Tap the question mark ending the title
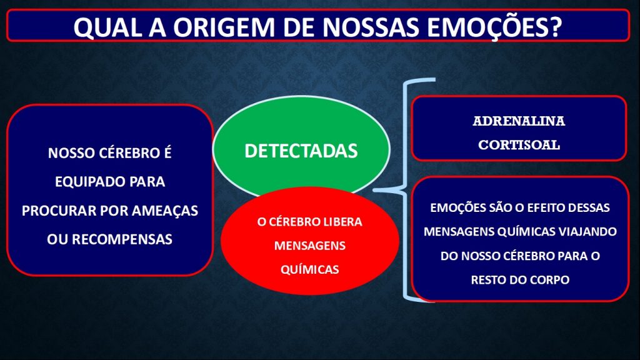(555, 27)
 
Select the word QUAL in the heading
(107, 27)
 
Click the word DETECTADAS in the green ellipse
(301, 151)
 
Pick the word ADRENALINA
(519, 121)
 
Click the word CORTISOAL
(519, 144)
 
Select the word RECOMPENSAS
(122, 239)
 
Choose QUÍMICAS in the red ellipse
(310, 269)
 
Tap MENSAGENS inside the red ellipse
(310, 245)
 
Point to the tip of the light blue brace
(374, 190)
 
